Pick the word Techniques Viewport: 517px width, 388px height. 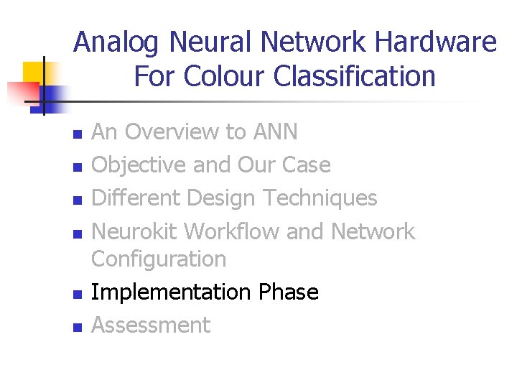[x=320, y=198]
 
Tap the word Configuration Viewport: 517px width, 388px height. [x=159, y=259]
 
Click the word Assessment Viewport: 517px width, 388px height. [x=152, y=325]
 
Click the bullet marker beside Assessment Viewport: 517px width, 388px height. [x=78, y=328]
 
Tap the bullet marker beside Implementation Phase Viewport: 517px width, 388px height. [x=78, y=295]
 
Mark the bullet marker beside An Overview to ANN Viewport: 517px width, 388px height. [x=78, y=134]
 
